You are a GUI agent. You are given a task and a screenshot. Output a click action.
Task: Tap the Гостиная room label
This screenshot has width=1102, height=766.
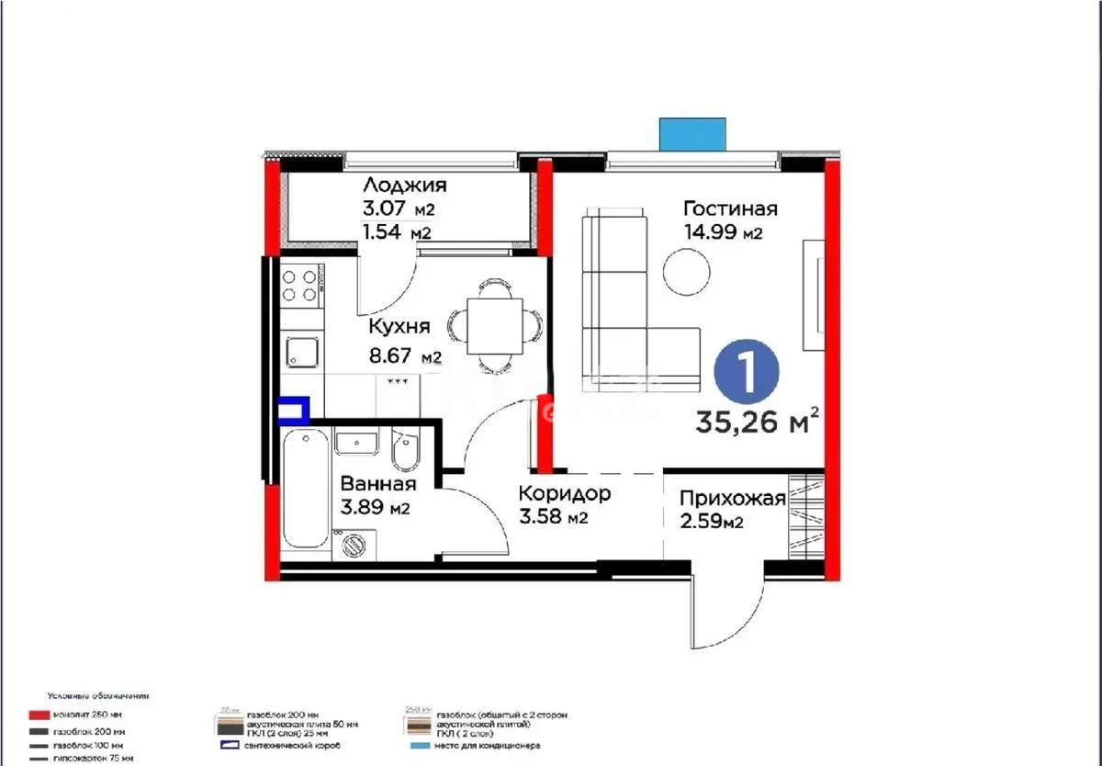[x=730, y=208]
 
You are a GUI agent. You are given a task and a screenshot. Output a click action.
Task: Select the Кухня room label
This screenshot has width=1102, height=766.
[x=399, y=327]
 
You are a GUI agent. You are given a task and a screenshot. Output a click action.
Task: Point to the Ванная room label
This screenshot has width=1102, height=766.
[x=377, y=483]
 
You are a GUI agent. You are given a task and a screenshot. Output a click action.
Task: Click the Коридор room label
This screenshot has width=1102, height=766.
[x=564, y=494]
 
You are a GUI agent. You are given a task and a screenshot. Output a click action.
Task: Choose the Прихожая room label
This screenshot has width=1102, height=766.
[x=732, y=499]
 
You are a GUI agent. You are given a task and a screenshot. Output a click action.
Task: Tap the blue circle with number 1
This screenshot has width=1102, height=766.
[x=747, y=372]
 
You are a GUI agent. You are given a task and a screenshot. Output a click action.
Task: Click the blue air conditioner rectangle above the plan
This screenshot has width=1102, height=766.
[x=693, y=133]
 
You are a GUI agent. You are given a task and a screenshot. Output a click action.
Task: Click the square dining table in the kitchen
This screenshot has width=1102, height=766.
[x=495, y=326]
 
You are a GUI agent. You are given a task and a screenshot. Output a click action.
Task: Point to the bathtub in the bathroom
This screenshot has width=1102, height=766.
[x=304, y=487]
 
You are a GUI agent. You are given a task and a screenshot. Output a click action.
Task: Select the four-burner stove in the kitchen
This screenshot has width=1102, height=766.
[x=300, y=284]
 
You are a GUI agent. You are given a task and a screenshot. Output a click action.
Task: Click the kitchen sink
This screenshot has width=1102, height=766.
[x=300, y=352]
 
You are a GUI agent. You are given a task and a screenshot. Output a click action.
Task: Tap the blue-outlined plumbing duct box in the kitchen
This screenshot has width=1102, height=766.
[x=294, y=409]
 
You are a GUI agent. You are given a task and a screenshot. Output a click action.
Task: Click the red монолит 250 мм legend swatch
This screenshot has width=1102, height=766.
[x=38, y=715]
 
